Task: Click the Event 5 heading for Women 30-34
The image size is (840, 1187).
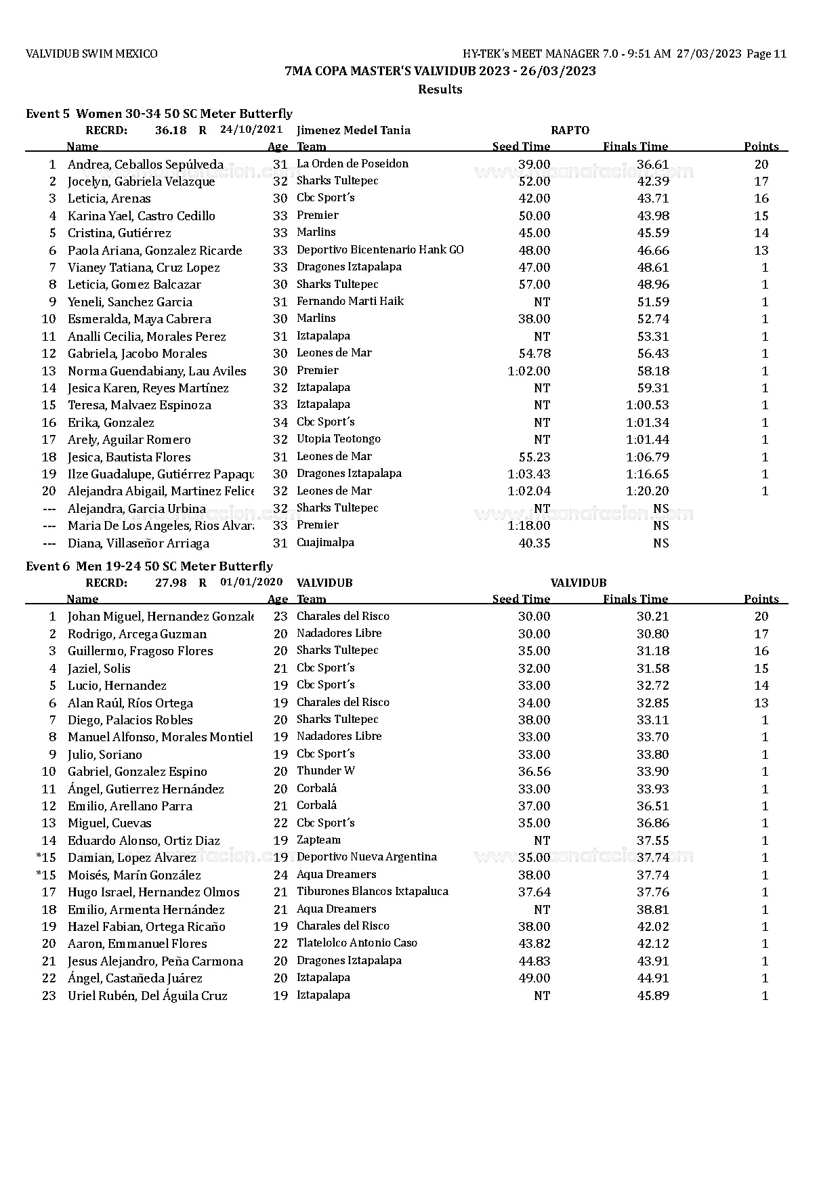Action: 159,114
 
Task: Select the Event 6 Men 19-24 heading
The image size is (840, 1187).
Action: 149,566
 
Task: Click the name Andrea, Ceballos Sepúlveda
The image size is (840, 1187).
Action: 145,164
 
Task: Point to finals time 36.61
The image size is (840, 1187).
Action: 652,164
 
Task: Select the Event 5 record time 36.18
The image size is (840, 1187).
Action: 171,130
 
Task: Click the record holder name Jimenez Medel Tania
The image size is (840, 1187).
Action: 353,130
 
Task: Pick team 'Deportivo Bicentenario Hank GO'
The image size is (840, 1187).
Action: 380,250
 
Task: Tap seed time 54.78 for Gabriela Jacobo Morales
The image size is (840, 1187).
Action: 534,354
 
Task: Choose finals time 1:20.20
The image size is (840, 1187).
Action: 647,491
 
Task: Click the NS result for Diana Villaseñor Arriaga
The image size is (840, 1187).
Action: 660,543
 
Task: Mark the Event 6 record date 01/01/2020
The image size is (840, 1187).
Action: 251,582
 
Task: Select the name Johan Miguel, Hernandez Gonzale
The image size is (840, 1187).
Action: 161,617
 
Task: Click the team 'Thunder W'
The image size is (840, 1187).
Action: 326,771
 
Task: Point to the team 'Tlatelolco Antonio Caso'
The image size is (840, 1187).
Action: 357,943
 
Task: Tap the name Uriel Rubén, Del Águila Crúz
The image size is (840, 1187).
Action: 147,996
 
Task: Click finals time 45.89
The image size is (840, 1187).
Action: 652,996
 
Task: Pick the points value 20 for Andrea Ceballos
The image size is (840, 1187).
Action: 761,164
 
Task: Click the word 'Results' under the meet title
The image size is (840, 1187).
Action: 440,89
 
